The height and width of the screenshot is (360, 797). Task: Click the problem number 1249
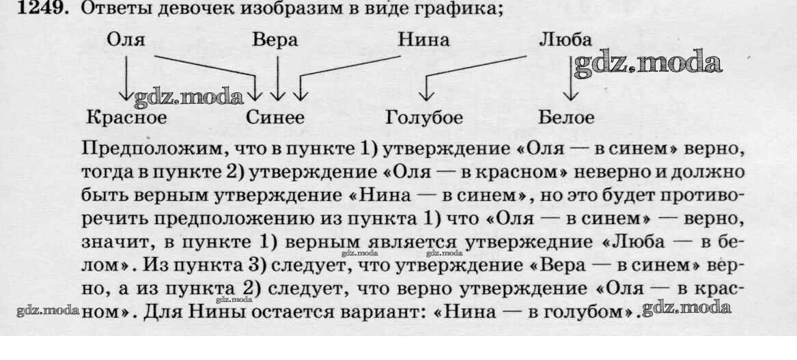pos(40,10)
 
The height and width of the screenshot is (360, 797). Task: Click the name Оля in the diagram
pos(126,40)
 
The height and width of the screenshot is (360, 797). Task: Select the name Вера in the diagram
pos(275,40)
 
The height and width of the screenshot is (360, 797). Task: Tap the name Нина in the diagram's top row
pos(423,40)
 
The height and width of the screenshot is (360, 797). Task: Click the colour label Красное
pos(126,117)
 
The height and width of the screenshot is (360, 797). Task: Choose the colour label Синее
pos(275,117)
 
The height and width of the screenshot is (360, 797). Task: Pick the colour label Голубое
pos(424,117)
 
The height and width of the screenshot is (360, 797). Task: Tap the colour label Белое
pos(566,117)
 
